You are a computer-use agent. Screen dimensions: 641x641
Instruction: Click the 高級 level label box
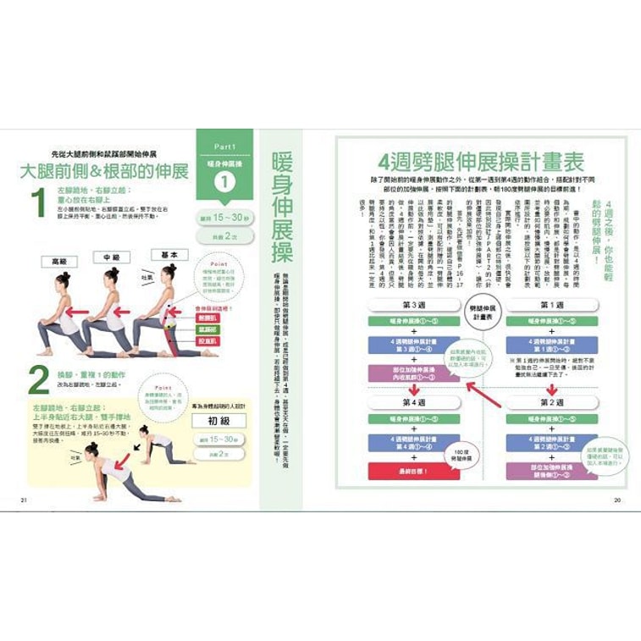pos(58,261)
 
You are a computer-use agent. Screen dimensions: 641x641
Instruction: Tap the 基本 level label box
pos(169,254)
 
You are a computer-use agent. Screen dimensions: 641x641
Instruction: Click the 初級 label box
pos(218,421)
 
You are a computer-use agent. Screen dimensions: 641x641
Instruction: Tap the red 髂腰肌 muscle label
pos(208,318)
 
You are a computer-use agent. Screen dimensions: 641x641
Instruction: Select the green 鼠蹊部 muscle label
pos(208,329)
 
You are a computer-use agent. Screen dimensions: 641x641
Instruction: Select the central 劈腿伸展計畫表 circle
pos(483,307)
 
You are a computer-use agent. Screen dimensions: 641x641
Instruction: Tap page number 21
pos(24,500)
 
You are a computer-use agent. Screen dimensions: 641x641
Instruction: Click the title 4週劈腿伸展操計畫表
pos(481,161)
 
